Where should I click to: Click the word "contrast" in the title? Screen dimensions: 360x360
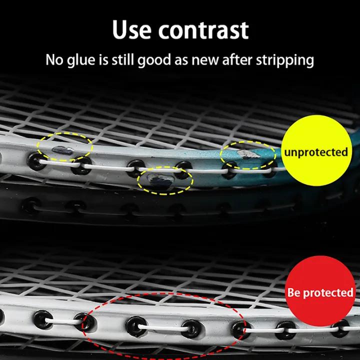203,30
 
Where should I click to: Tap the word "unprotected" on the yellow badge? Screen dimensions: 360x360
316,151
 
